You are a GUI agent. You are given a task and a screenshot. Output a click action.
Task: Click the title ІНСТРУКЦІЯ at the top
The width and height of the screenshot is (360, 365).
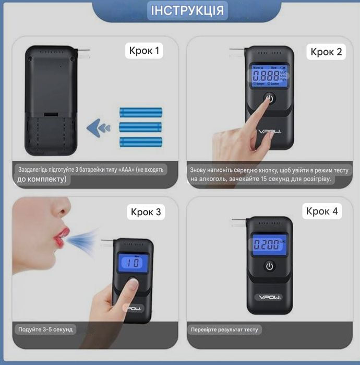[x=187, y=10]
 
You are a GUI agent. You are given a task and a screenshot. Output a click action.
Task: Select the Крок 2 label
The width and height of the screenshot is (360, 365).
[x=326, y=51]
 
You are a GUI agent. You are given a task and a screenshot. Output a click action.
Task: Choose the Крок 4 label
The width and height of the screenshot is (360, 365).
[x=322, y=211]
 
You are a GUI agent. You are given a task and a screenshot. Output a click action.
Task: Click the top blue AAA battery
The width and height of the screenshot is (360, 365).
[x=141, y=112]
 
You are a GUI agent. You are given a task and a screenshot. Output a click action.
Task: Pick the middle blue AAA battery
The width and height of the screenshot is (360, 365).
[x=141, y=126]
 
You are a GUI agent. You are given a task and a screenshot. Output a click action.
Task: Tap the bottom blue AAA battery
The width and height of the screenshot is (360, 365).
[x=141, y=141]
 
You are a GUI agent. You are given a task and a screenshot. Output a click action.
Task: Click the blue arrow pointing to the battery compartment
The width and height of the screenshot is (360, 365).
[x=98, y=126]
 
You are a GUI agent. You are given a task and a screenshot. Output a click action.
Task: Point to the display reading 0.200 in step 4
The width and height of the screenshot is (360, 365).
[x=269, y=243]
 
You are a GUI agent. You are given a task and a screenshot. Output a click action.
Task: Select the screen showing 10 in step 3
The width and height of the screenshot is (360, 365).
[x=134, y=262]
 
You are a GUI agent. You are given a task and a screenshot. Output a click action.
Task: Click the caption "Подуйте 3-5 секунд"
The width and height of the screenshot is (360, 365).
[x=45, y=329]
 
